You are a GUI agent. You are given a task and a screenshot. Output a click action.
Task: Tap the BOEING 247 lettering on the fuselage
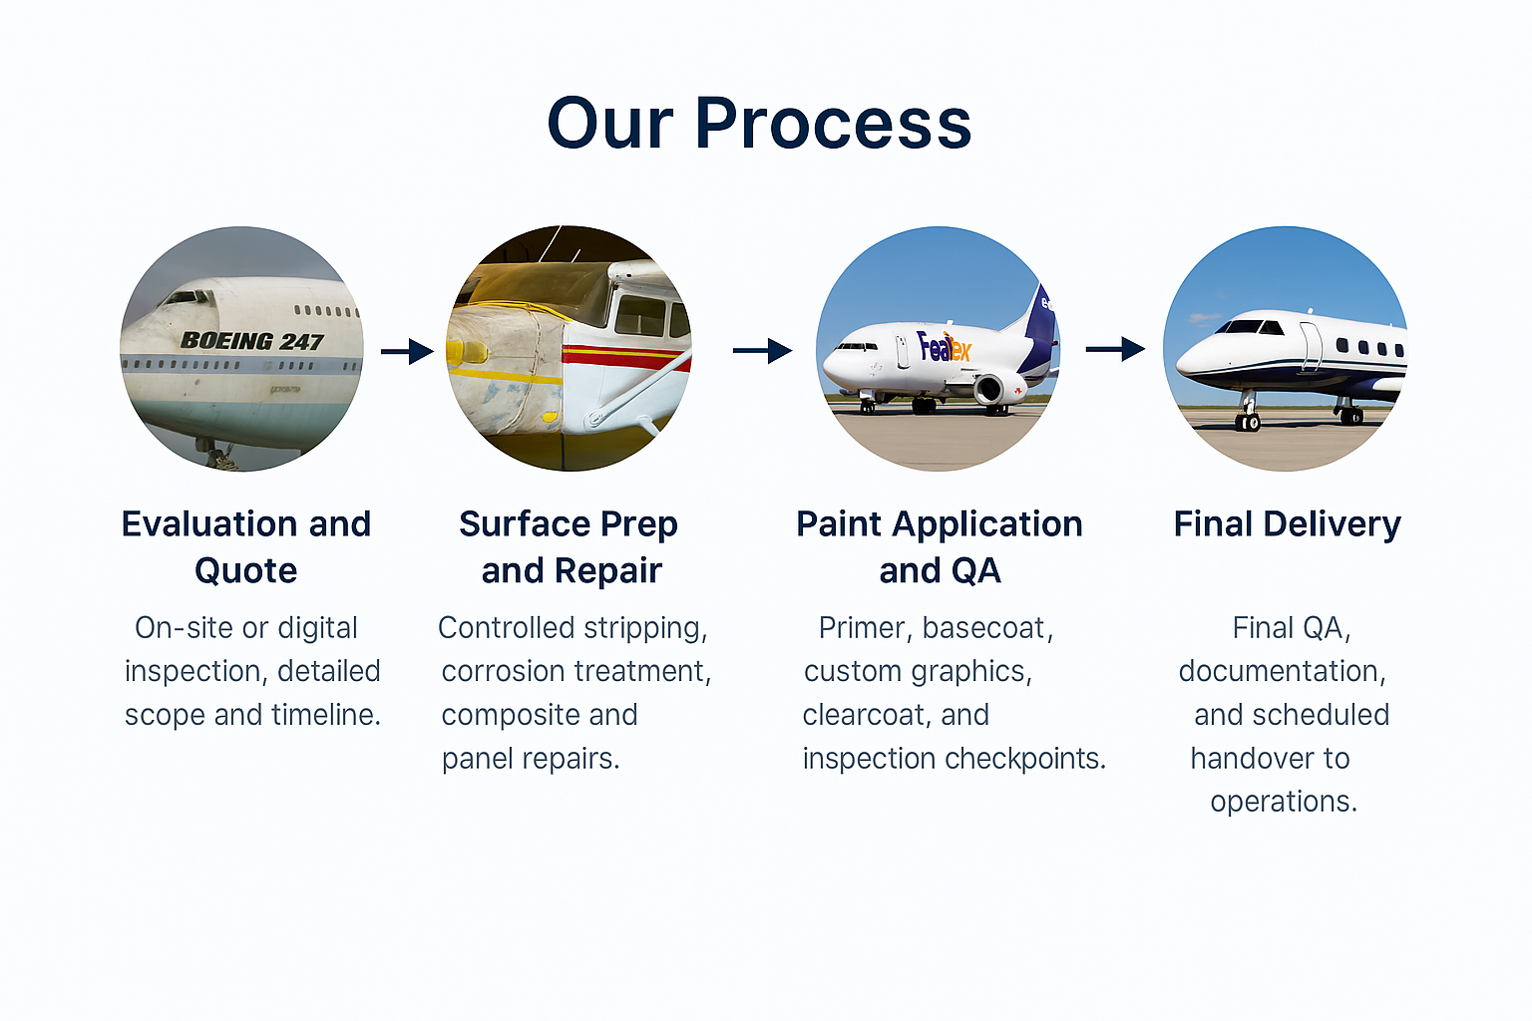251,341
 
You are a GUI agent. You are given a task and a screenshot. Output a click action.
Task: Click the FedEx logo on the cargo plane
943,347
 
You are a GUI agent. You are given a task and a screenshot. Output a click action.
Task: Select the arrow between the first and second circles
407,351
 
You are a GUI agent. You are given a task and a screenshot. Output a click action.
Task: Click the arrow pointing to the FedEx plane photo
762,351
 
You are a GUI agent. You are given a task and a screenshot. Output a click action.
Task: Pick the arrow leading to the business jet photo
1115,349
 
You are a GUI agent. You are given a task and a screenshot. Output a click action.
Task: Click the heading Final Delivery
1287,523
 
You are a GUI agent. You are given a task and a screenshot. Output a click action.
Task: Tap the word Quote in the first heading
245,570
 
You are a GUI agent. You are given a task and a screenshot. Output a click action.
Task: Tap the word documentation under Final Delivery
1280,671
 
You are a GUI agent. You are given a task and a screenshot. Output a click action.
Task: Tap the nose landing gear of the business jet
1247,415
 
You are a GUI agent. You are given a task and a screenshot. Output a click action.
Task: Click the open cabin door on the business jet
1310,345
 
